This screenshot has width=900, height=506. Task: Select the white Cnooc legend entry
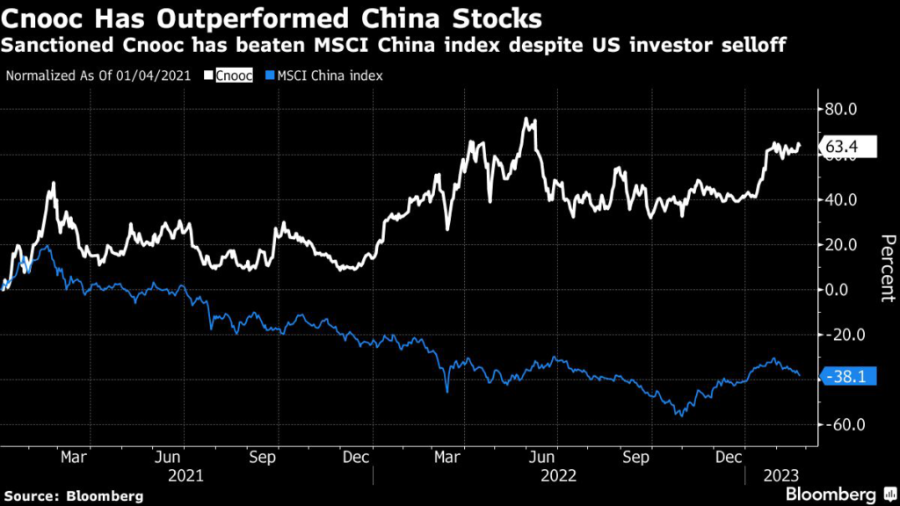coord(235,76)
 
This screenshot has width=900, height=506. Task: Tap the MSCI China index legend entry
coord(325,76)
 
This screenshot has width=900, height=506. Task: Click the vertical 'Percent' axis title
coord(887,268)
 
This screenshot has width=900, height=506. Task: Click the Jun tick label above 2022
coord(544,458)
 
